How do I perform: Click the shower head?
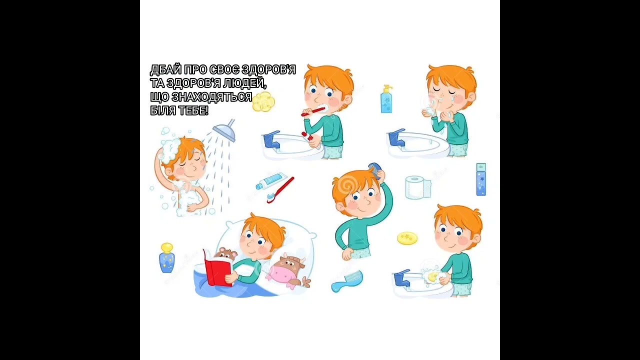[224, 131]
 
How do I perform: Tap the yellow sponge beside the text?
[263, 101]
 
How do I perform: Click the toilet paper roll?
[418, 187]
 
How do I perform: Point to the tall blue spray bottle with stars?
[481, 179]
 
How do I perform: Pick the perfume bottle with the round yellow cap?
[166, 257]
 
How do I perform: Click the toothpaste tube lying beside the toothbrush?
[269, 180]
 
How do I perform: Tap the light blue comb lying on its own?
[347, 281]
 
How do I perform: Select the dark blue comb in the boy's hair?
[375, 170]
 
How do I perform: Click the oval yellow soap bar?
[407, 238]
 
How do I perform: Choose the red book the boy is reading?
[217, 268]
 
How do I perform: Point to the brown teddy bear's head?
[225, 253]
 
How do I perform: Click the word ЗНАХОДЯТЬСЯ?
[211, 97]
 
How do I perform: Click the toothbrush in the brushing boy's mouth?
[313, 111]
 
